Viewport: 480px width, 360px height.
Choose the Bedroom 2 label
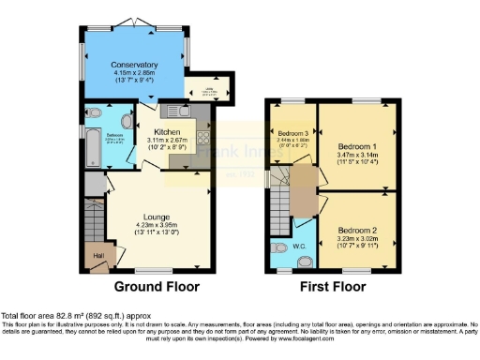[x=357, y=230]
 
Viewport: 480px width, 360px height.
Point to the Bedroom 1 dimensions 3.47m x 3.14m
[x=357, y=157]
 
